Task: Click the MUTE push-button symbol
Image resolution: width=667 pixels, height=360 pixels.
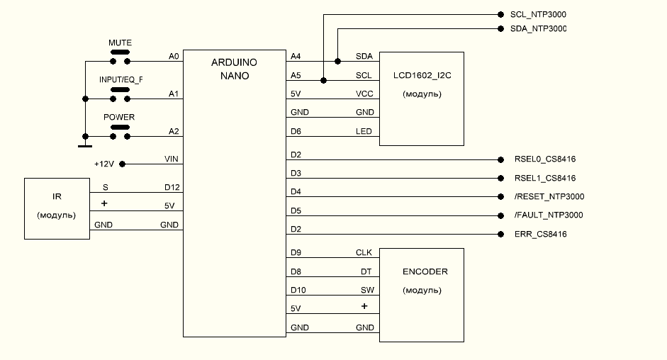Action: tap(120, 53)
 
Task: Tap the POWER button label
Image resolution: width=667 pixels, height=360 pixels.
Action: tap(120, 117)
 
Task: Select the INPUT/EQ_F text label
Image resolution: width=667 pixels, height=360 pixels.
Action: tap(120, 79)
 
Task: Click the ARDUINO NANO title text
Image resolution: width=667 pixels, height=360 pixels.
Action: tap(235, 69)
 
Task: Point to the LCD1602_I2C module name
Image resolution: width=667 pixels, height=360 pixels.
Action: tap(422, 75)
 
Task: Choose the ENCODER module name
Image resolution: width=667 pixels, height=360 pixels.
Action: tap(425, 271)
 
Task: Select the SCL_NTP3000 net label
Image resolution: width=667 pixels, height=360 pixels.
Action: tap(538, 14)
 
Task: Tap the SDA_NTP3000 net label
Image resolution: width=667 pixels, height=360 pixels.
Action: tap(538, 29)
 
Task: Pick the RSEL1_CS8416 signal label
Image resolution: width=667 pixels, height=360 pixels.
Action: tap(545, 178)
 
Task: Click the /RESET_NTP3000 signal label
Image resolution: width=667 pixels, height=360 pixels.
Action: tap(549, 196)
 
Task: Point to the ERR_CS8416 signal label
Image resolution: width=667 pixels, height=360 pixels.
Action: tap(541, 234)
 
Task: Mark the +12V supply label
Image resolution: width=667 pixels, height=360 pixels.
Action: tap(104, 164)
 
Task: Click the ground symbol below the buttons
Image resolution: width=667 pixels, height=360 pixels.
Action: tap(84, 145)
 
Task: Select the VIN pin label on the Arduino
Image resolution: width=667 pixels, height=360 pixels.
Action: tap(171, 159)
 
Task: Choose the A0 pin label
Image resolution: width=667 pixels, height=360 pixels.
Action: tap(174, 55)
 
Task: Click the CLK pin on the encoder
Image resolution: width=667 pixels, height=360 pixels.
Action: tap(364, 252)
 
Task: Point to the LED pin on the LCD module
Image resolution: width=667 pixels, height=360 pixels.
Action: tap(364, 131)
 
